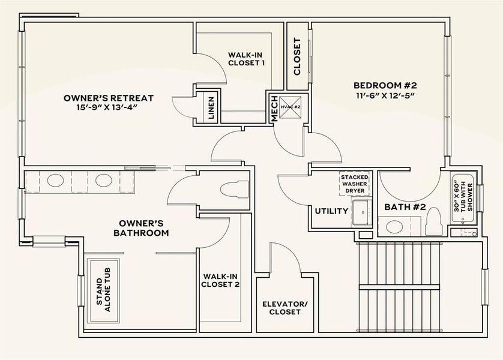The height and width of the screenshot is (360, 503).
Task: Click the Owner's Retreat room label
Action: tap(109, 98)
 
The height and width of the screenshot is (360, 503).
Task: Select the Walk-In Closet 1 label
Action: tap(246, 58)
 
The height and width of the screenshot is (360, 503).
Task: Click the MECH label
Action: tap(274, 109)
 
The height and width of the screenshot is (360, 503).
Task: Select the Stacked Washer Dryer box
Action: tap(355, 184)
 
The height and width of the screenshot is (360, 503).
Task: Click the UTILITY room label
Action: tap(331, 211)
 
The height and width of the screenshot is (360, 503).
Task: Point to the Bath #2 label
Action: tap(405, 207)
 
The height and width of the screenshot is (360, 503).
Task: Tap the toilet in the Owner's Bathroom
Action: tap(235, 189)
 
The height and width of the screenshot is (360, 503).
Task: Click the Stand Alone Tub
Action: tap(103, 290)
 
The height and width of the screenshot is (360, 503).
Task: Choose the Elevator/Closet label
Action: tap(285, 307)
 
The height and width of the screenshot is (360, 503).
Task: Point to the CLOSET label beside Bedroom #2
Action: tap(297, 57)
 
